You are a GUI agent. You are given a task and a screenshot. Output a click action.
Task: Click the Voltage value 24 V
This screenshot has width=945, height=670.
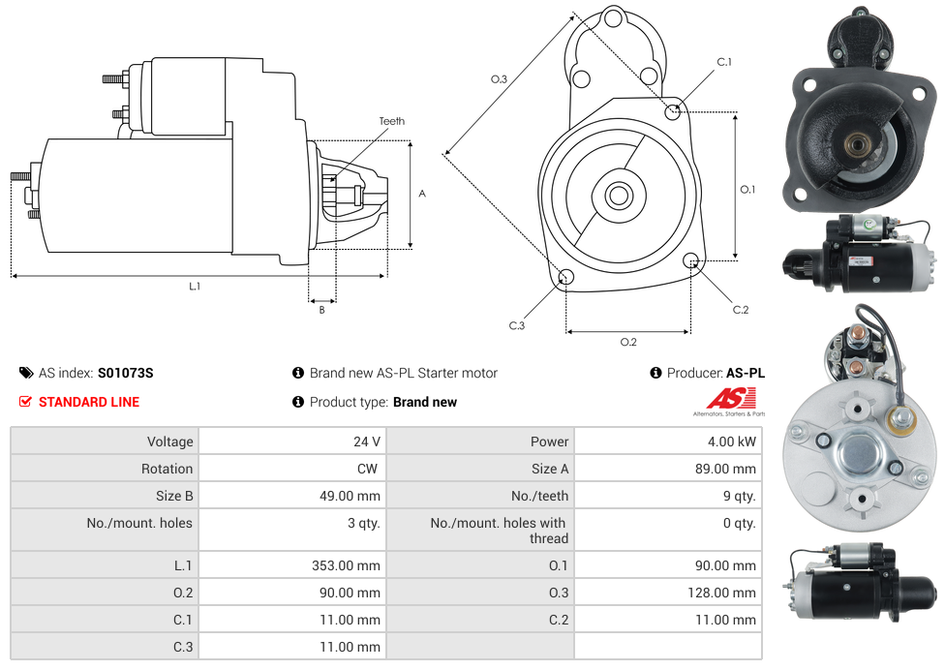pos(366,442)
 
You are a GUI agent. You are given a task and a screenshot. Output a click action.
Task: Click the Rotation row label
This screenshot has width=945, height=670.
pos(167,469)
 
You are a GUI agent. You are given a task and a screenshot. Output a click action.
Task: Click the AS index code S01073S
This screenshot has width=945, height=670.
pos(125,373)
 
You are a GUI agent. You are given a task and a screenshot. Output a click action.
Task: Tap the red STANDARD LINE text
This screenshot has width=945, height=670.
pos(89,402)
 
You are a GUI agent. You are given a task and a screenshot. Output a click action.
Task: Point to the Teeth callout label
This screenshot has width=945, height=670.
pos(392,121)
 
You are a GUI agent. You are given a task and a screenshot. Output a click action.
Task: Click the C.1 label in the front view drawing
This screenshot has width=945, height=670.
pos(724,62)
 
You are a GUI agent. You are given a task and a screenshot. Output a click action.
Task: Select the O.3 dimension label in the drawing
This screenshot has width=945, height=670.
pos(500,79)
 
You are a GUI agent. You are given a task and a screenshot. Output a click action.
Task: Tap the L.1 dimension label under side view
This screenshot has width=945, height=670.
pos(195,286)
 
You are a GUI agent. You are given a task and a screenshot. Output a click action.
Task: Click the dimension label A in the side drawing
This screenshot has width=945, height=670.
pos(422,194)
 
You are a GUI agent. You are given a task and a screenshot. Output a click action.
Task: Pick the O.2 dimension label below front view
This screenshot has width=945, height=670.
pos(628,342)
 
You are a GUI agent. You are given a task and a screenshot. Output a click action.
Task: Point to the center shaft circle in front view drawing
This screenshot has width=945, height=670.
pos(617,196)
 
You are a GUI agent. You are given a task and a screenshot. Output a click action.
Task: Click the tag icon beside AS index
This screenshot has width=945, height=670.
pos(26,373)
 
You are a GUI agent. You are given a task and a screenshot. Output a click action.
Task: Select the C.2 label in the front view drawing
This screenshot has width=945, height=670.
pos(741,310)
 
